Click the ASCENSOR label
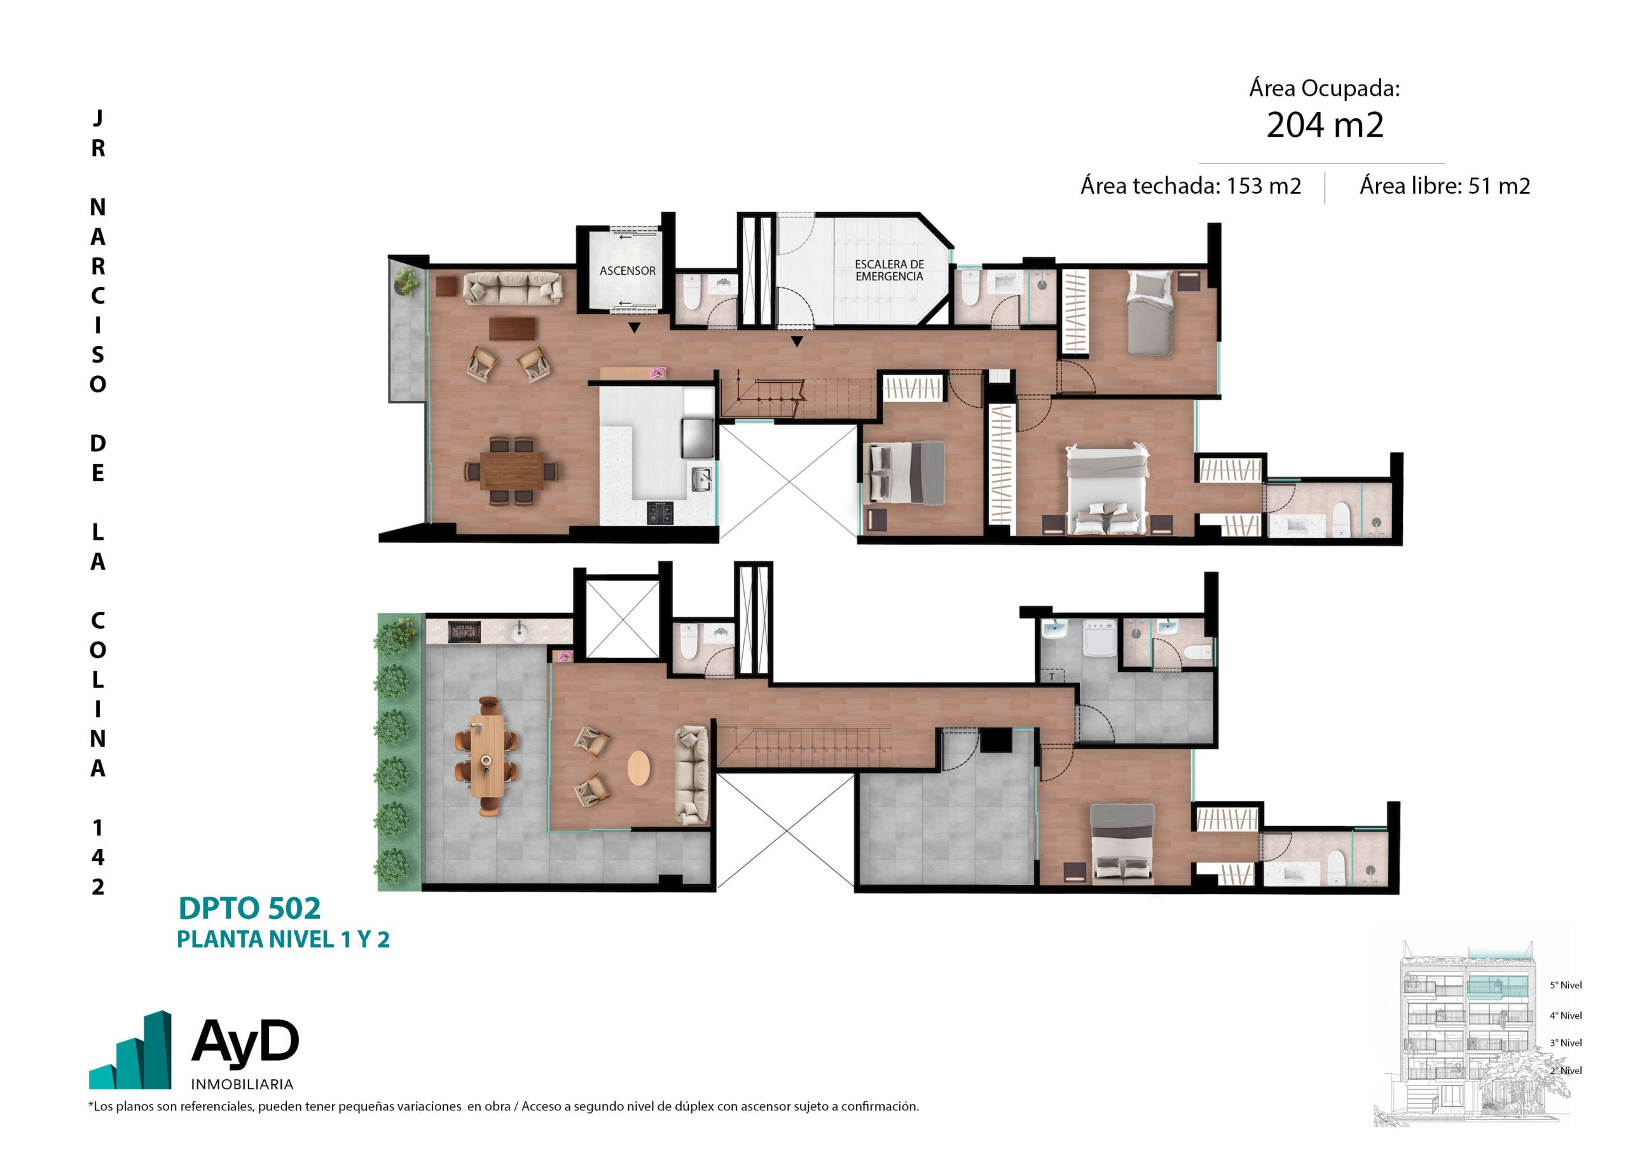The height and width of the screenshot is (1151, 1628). (x=628, y=271)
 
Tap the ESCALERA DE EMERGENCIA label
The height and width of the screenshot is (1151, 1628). (x=889, y=270)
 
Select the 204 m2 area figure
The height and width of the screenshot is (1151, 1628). (x=1325, y=125)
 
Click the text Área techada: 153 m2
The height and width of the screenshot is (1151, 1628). (x=1190, y=186)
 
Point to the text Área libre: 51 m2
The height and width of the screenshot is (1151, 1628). (x=1445, y=186)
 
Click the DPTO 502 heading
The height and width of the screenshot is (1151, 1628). (x=249, y=909)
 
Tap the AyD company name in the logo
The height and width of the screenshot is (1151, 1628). (x=245, y=1042)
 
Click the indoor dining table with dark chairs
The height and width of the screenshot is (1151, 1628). (x=511, y=472)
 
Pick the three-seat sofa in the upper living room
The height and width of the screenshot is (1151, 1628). (x=513, y=289)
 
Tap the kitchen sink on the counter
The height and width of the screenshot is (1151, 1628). (x=702, y=479)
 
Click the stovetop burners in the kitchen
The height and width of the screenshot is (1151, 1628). (x=660, y=513)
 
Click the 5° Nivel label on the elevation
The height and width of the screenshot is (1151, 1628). (x=1566, y=985)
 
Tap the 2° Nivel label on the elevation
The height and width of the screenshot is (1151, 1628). (x=1566, y=1070)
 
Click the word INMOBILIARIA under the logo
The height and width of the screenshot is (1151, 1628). (x=242, y=1084)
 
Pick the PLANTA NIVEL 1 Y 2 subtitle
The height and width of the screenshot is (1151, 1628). (x=283, y=940)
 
